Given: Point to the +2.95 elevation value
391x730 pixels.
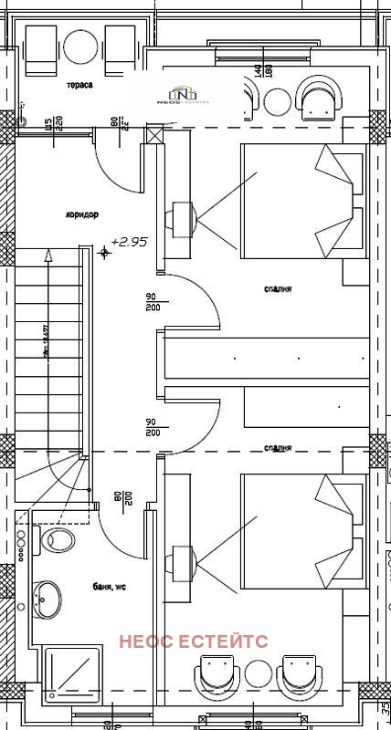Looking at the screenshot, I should pos(129,242).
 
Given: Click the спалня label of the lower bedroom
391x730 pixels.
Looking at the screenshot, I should pos(277,448).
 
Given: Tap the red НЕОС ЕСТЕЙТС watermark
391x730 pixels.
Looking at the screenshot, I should pos(194,641).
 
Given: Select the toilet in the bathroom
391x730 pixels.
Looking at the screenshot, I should pos(57,539).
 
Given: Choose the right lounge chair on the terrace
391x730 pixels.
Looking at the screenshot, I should pos(120,49).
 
